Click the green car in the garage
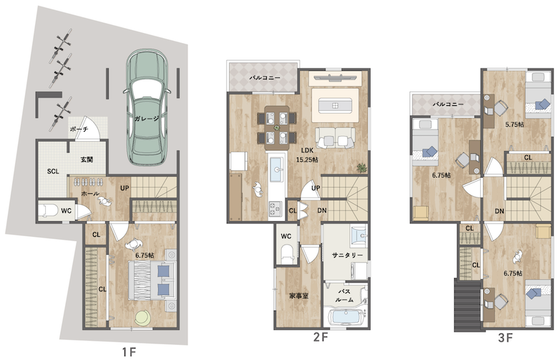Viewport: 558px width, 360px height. point(147,107)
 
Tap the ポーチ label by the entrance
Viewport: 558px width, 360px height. point(79,130)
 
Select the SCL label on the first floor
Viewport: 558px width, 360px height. point(53,172)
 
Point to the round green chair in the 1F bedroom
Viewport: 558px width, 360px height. point(142,317)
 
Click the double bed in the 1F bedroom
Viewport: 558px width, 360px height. point(152,280)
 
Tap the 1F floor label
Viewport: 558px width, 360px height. point(129,352)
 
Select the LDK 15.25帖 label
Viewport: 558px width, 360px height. point(307,155)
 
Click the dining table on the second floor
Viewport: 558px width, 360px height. point(277,127)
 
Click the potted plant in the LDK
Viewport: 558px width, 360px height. point(361,167)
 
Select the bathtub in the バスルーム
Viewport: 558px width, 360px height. point(346,316)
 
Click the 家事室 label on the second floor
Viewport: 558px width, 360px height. point(299,296)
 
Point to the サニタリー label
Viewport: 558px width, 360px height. point(348,256)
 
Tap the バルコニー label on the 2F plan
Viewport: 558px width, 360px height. point(265,77)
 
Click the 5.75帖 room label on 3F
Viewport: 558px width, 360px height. point(514,125)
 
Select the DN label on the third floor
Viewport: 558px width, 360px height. point(499,211)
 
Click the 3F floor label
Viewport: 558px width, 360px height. point(505,338)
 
